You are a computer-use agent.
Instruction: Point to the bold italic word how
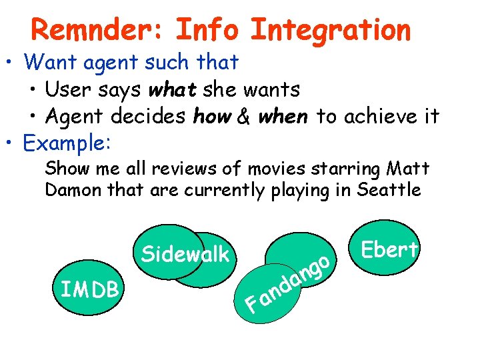tap(212, 117)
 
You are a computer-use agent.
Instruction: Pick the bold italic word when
tap(283, 117)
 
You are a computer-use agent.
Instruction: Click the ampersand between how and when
tap(243, 117)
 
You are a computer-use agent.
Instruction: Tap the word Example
tap(68, 143)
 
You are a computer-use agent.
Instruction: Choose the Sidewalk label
tap(185, 254)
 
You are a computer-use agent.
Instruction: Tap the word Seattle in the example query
tap(389, 190)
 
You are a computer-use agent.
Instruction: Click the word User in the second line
tap(68, 89)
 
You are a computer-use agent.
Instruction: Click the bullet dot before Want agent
tap(11, 63)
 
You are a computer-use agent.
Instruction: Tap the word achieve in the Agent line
tap(380, 117)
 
